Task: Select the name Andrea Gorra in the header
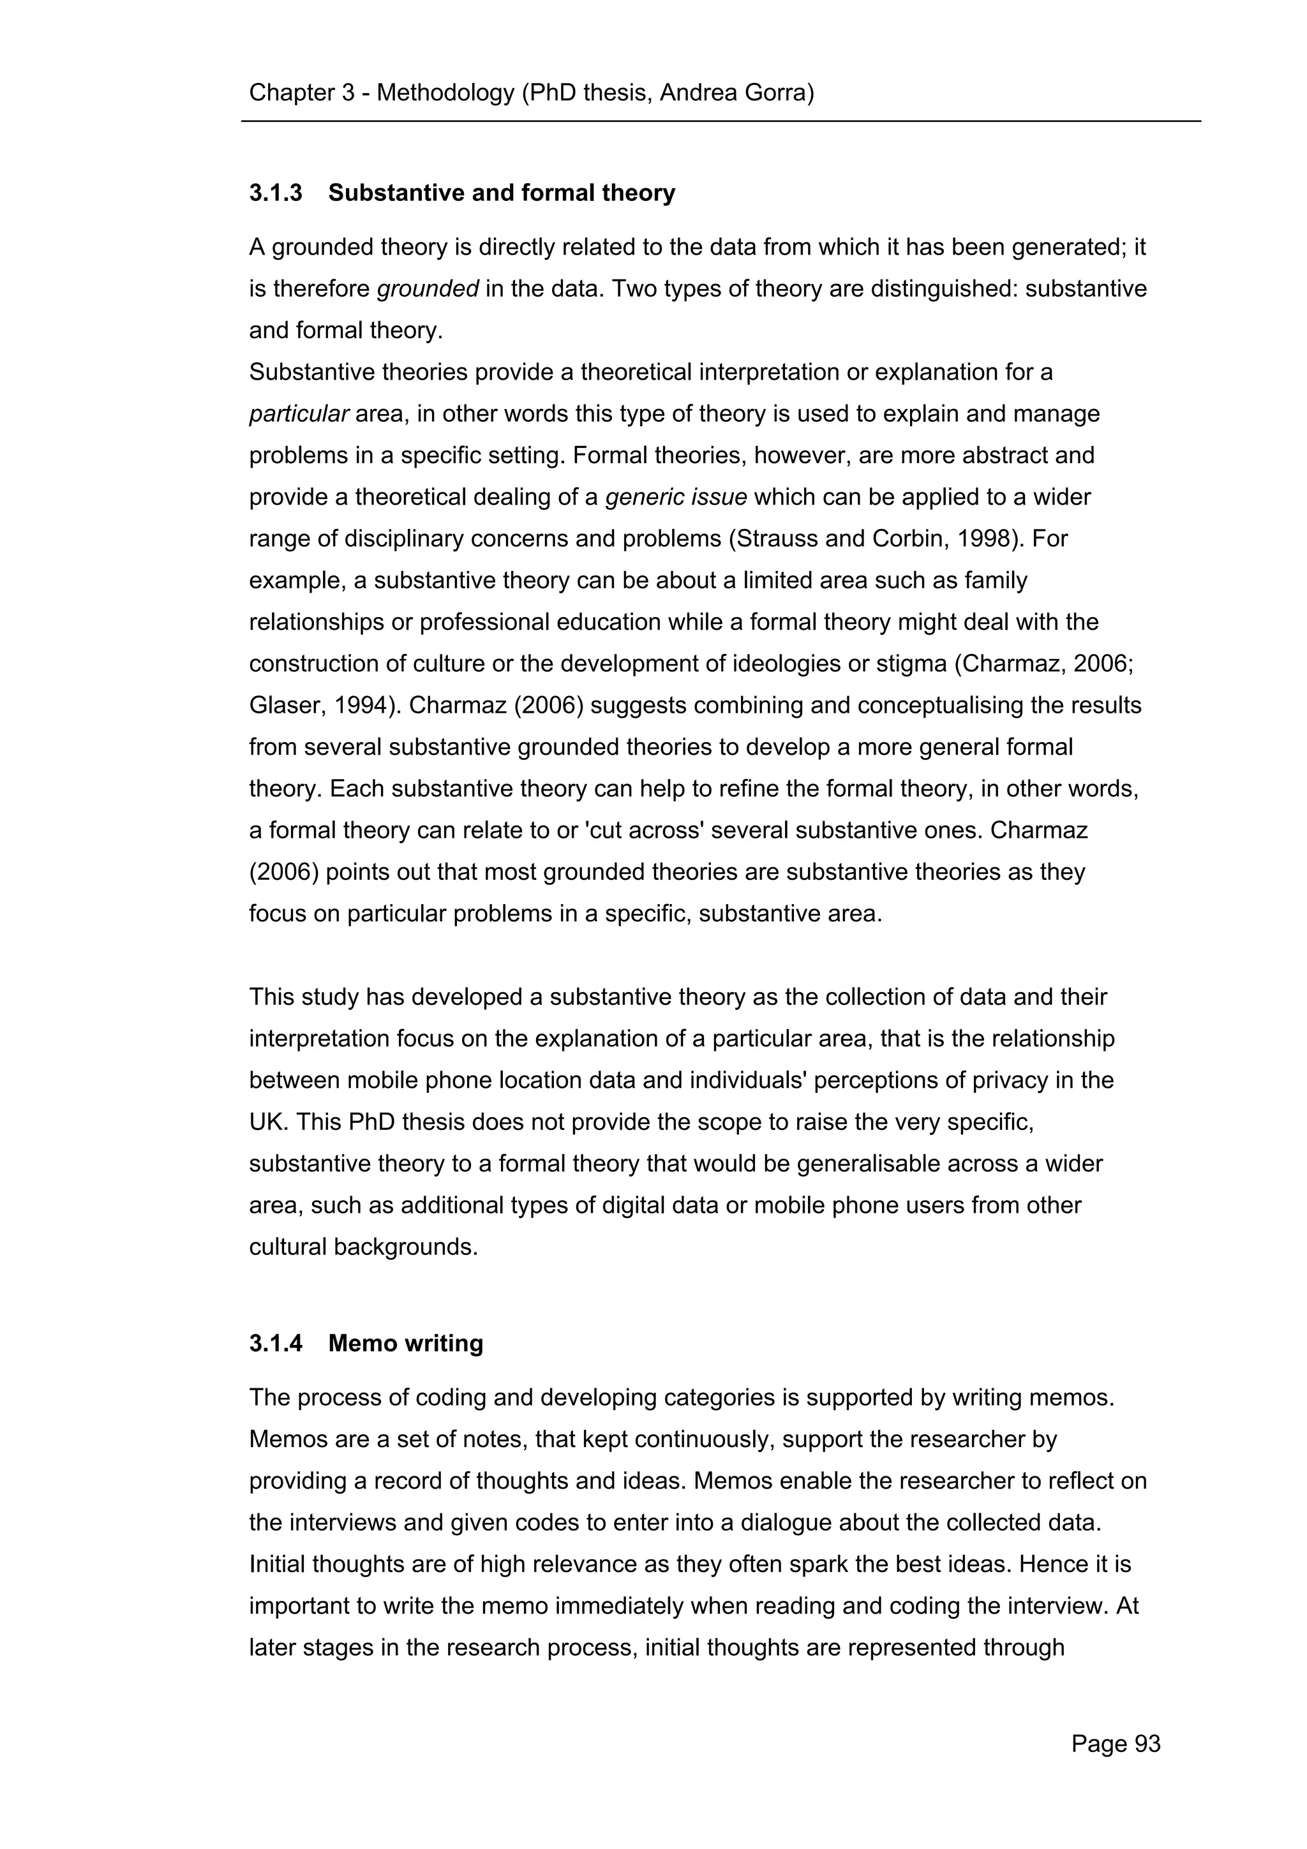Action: click(735, 93)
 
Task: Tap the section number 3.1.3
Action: click(276, 193)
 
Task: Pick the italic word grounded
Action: click(428, 289)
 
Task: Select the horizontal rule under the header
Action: click(721, 122)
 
